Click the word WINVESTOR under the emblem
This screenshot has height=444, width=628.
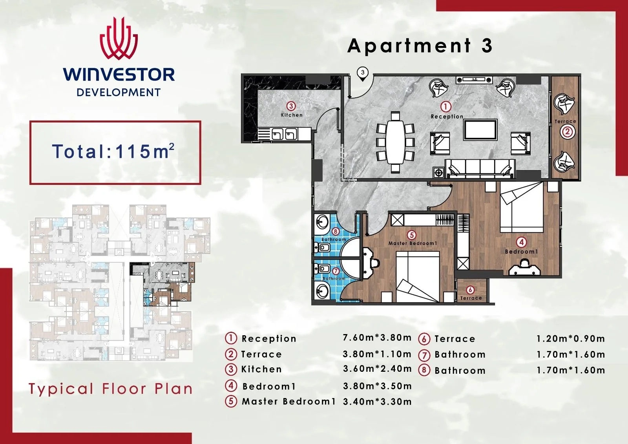tap(119, 75)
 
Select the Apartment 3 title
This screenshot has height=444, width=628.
tap(420, 46)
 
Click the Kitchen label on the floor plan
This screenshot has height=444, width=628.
tap(292, 115)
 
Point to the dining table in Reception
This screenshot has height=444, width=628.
tap(395, 142)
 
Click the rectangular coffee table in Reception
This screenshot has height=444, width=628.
tap(480, 130)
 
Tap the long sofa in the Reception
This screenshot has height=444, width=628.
tap(480, 168)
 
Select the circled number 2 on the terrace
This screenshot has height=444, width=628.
tap(568, 132)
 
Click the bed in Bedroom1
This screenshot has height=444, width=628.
tap(522, 207)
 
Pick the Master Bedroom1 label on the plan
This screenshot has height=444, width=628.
tap(413, 243)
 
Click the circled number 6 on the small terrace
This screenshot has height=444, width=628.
tap(471, 290)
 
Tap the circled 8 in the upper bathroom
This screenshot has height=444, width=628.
tap(335, 231)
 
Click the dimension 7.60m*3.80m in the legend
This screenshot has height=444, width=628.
tap(377, 338)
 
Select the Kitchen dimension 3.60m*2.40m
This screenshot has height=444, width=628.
tap(377, 369)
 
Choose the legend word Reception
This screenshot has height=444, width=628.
tap(269, 339)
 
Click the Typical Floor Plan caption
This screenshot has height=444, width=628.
tap(111, 389)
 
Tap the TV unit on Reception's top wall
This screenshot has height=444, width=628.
tap(475, 80)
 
